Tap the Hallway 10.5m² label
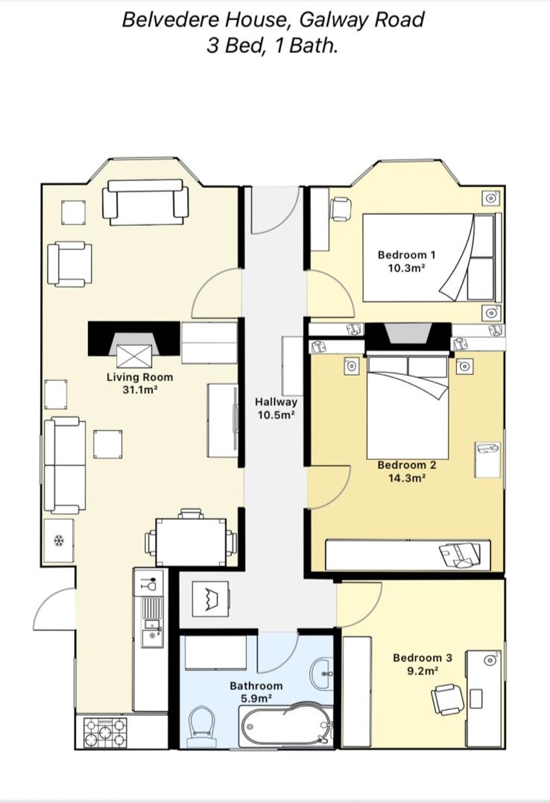(x=276, y=408)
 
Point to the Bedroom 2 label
(x=407, y=471)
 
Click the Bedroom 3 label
(x=423, y=664)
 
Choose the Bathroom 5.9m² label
(x=256, y=691)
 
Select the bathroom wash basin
(x=322, y=674)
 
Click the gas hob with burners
(x=106, y=732)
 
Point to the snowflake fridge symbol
(x=58, y=541)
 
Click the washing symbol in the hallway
(x=210, y=599)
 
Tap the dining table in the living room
(x=191, y=542)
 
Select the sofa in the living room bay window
(x=145, y=202)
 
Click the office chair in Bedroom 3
(x=448, y=699)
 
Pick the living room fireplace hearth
(x=134, y=356)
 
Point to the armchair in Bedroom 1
(x=340, y=209)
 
